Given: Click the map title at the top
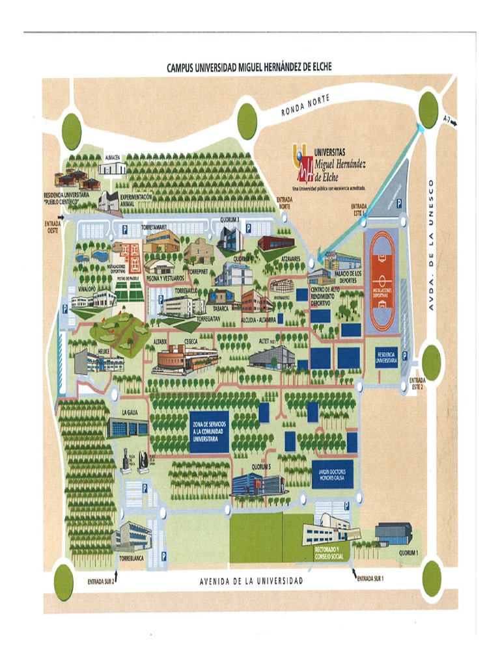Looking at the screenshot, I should [249, 67].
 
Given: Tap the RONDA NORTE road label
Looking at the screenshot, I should [305, 105].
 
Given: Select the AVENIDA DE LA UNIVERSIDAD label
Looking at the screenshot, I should [251, 581].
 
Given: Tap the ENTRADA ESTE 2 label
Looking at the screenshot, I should [417, 383].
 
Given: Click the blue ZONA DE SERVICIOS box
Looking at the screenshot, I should [210, 431].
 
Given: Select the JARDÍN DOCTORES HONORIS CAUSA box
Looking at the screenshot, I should [331, 474].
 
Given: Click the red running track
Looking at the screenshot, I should [382, 281].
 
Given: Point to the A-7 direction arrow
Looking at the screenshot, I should [449, 121].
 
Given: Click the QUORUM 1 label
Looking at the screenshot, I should [408, 553].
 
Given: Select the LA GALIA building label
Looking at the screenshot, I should [130, 413].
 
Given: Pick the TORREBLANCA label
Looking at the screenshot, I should [131, 558].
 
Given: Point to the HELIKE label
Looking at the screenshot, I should [104, 351].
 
